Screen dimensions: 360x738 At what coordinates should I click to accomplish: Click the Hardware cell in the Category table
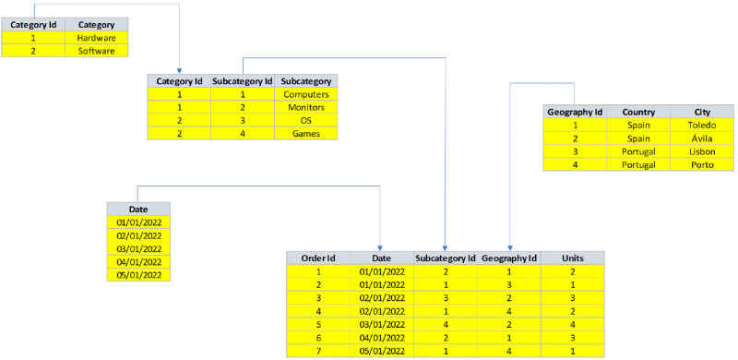(x=97, y=39)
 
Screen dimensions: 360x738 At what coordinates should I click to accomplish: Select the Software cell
(x=97, y=52)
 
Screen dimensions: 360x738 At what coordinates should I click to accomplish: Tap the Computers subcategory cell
(x=306, y=95)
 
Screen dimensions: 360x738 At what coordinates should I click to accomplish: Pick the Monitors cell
(x=306, y=107)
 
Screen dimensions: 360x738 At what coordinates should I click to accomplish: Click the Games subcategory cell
(x=306, y=134)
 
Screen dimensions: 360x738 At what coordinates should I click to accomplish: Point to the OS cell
(x=306, y=121)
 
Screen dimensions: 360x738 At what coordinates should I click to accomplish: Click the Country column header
(x=638, y=112)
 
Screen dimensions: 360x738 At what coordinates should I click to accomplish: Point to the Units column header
(x=572, y=258)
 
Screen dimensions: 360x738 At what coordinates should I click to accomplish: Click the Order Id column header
(x=317, y=258)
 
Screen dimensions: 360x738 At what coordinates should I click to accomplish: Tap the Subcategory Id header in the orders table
(x=446, y=258)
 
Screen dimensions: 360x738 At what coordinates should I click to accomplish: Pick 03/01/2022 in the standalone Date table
(x=139, y=249)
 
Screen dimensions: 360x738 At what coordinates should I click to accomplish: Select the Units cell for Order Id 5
(x=572, y=325)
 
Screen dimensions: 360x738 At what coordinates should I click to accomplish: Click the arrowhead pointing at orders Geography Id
(x=509, y=246)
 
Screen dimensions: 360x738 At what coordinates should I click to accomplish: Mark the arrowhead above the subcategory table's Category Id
(x=179, y=69)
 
